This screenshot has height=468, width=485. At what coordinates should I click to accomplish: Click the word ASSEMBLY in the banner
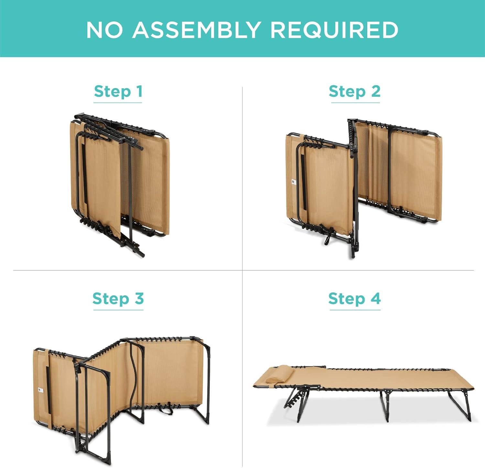pyautogui.click(x=196, y=30)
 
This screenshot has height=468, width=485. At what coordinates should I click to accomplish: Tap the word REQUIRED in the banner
pyautogui.click(x=334, y=30)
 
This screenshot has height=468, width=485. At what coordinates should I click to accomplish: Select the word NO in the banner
pyautogui.click(x=104, y=30)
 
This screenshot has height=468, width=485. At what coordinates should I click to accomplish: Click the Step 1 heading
pyautogui.click(x=118, y=92)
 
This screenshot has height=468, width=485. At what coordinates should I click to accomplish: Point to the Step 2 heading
pyautogui.click(x=355, y=92)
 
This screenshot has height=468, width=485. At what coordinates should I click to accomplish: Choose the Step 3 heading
pyautogui.click(x=118, y=298)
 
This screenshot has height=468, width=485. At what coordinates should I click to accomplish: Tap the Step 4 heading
pyautogui.click(x=355, y=298)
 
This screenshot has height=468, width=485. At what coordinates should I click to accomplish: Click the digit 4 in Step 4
pyautogui.click(x=375, y=298)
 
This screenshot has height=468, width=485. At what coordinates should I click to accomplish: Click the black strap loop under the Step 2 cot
pyautogui.click(x=327, y=238)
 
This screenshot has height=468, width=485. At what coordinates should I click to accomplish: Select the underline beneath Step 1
pyautogui.click(x=118, y=103)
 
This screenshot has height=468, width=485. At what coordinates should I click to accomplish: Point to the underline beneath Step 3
pyautogui.click(x=118, y=310)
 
